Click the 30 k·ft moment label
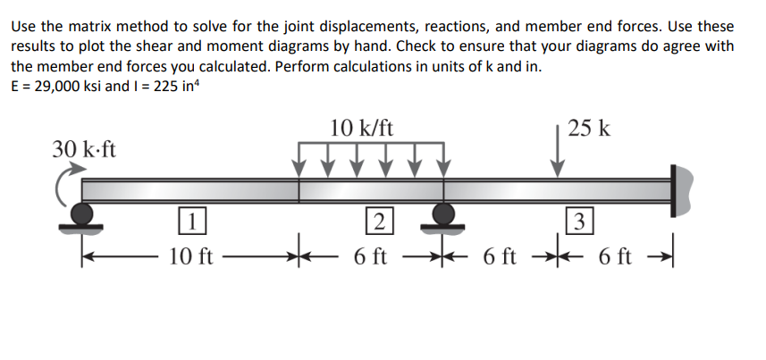click(x=84, y=149)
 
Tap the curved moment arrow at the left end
click(x=61, y=186)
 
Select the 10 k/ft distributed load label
click(x=361, y=129)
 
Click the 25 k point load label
click(x=589, y=129)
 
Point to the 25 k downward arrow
click(x=557, y=152)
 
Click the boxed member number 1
click(x=192, y=222)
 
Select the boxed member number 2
click(x=380, y=222)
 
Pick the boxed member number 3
click(x=579, y=222)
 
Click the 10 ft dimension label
click(x=191, y=256)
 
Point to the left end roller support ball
click(x=81, y=213)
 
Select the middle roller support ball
click(x=443, y=213)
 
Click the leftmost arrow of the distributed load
click(x=299, y=160)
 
